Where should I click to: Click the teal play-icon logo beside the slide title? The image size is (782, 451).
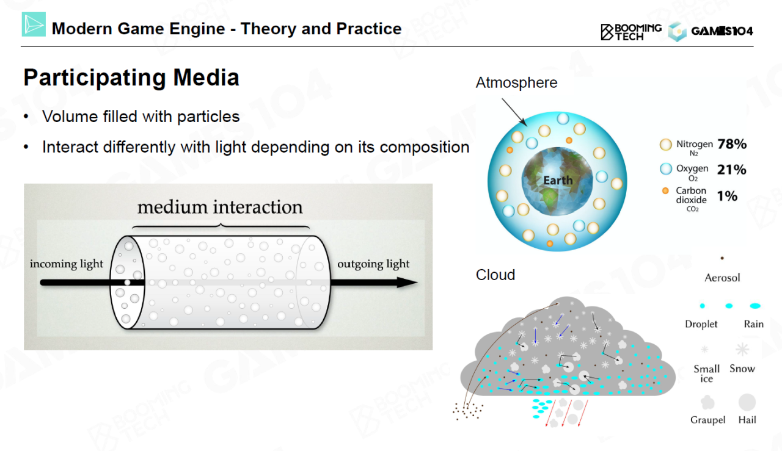coord(34,24)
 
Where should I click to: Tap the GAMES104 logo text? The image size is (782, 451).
coord(722,31)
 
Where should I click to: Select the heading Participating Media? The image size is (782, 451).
coord(131,78)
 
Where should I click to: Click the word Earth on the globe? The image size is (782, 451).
coord(558,180)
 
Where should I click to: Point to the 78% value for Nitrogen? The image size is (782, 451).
coord(732,144)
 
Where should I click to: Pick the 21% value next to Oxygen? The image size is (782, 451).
coord(731,170)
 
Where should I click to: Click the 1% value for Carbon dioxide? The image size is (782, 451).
coord(727,196)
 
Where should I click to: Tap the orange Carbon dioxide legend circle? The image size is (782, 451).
coord(665,191)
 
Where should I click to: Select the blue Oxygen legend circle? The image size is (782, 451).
coord(666,169)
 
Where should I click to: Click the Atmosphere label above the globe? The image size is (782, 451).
coord(516,83)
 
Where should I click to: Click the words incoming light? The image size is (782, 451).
coord(67,264)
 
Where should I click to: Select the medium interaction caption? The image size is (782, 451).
coord(220,207)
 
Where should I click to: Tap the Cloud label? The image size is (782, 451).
coord(495,275)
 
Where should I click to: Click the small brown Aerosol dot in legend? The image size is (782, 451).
coord(722,258)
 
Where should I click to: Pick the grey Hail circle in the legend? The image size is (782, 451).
coord(747,403)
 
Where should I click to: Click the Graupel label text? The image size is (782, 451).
coord(707,420)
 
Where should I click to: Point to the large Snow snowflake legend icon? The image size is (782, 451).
coord(742,349)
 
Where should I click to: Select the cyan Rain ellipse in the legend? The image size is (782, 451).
coord(755,306)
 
